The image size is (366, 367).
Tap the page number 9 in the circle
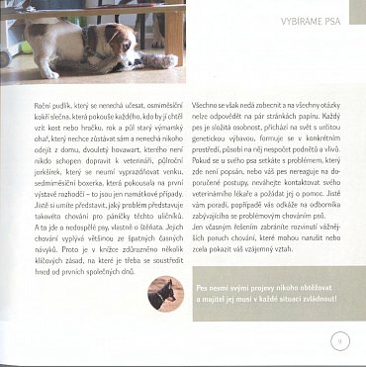(337, 343)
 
